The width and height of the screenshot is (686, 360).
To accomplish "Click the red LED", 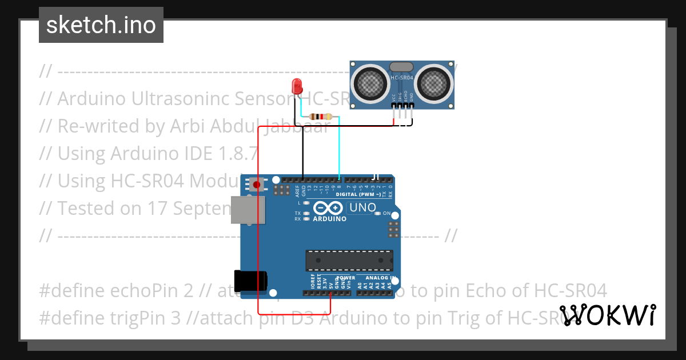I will (297, 86).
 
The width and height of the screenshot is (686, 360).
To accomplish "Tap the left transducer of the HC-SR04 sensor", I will (370, 82).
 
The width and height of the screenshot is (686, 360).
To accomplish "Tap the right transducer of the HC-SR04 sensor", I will (434, 82).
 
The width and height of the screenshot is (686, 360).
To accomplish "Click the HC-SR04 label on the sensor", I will (402, 78).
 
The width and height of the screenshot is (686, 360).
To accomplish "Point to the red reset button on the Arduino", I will (257, 185).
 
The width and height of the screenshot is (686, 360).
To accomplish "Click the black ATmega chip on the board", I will (349, 259).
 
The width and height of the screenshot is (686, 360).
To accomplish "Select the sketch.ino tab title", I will (101, 25).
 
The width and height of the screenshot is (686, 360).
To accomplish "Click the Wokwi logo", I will (608, 315).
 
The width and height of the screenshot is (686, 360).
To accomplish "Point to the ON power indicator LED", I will (378, 213).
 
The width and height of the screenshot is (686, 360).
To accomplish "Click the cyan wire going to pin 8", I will (339, 149).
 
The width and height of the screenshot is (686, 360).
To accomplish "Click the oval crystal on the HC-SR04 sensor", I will (402, 67).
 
